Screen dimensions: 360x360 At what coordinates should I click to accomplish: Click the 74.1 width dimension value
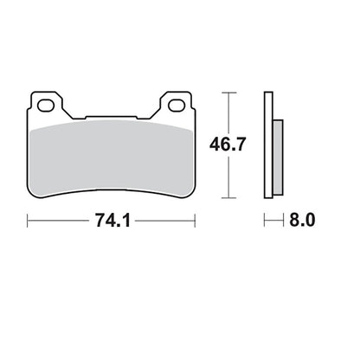112,221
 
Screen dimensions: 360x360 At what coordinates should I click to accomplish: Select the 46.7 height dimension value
228,145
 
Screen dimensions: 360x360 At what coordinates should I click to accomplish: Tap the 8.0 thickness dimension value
302,221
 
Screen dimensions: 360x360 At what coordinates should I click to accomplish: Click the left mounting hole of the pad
46,106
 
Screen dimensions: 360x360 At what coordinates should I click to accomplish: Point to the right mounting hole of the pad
177,106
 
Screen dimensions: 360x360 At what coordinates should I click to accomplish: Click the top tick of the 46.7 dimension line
229,93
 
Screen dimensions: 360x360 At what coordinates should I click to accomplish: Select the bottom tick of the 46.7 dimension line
229,198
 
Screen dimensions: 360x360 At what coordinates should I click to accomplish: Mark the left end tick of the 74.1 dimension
28,221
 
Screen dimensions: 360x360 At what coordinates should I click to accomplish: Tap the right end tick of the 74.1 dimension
196,221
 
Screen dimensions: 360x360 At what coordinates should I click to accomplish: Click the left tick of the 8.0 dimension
265,221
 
